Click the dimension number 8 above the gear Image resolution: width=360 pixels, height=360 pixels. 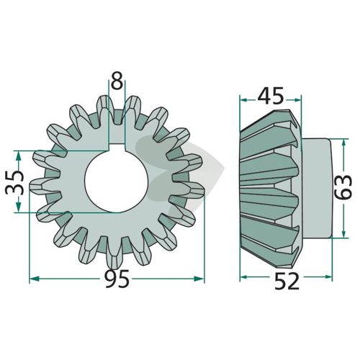(x=117, y=81)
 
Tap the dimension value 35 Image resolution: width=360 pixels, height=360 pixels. (x=15, y=182)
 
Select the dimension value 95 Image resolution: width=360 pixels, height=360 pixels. (x=117, y=279)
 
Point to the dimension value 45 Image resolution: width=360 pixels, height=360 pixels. (x=271, y=96)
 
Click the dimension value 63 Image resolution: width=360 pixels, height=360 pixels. (x=343, y=187)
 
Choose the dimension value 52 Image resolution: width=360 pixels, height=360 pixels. (x=287, y=281)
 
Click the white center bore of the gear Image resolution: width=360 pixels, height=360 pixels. (x=116, y=181)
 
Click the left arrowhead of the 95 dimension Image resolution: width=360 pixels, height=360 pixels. (x=34, y=279)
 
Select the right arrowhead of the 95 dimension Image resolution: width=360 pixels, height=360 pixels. (x=199, y=279)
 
